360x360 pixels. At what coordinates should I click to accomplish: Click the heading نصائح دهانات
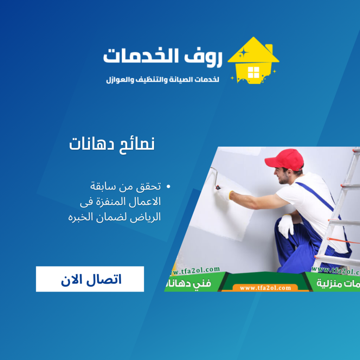pos(112,144)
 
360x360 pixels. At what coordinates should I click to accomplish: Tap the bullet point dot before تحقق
pos(168,187)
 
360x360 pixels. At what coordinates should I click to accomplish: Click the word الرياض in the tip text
pos(146,217)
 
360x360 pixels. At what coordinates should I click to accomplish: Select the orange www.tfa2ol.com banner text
pos(266,288)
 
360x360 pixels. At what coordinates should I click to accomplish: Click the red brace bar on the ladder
pos(343,241)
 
